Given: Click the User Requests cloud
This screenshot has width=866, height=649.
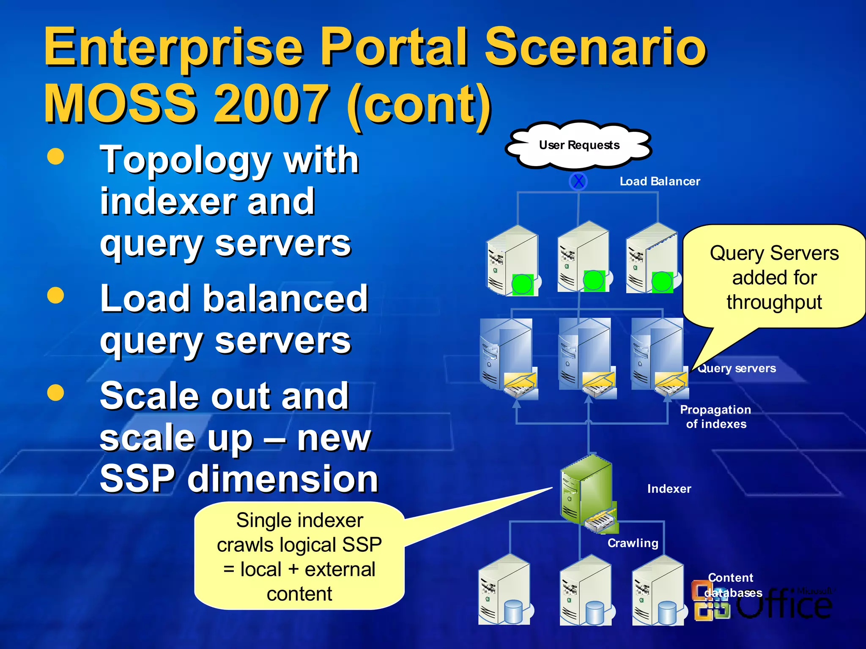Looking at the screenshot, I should [x=579, y=145].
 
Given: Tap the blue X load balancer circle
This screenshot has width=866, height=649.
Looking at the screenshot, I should [x=578, y=181].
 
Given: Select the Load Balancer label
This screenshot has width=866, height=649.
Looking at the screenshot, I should [x=660, y=181].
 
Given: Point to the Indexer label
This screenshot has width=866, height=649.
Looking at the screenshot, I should [x=669, y=489].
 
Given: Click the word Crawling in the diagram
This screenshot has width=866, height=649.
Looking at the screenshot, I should [x=633, y=543].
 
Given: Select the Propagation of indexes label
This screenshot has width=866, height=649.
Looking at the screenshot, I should [x=715, y=417].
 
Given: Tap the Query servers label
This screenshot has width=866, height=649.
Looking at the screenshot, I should [x=737, y=368].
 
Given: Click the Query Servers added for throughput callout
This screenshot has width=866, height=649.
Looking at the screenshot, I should [x=774, y=277].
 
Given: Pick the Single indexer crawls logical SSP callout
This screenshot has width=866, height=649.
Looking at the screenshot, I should [x=299, y=556].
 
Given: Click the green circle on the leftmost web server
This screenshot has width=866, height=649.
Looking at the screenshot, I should [x=522, y=284].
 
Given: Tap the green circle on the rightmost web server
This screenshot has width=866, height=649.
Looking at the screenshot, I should [x=662, y=282].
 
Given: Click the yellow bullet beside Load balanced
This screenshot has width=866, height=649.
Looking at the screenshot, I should [x=55, y=295].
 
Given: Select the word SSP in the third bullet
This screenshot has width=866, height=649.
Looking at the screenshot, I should [x=138, y=478].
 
